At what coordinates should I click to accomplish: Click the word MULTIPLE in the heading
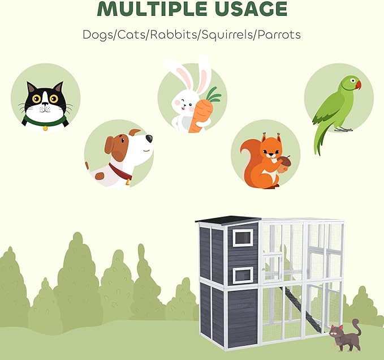click(148, 10)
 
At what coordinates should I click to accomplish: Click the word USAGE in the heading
click(249, 10)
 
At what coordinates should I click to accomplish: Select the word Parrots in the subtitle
click(278, 34)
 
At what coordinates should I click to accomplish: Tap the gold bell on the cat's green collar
click(45, 128)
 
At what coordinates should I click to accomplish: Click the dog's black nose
click(149, 139)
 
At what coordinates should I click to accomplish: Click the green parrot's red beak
click(356, 85)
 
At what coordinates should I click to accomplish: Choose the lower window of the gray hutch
click(243, 275)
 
